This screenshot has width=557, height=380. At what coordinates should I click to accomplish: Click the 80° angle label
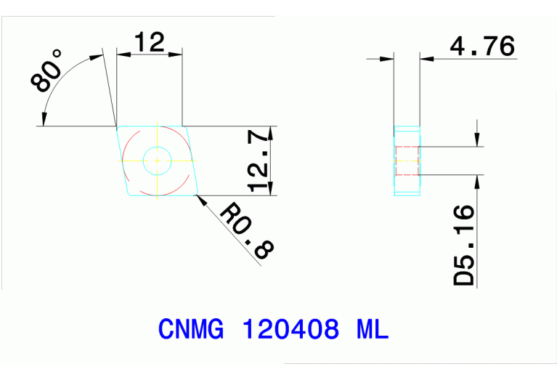tap(47, 72)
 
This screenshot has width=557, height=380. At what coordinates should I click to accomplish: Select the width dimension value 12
tap(149, 43)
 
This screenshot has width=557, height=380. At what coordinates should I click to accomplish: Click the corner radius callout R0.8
tap(246, 231)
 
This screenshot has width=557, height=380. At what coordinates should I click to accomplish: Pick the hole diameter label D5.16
tap(464, 245)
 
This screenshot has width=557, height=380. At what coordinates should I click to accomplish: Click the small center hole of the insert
tap(157, 161)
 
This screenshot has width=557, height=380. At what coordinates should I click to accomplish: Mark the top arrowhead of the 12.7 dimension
tap(271, 132)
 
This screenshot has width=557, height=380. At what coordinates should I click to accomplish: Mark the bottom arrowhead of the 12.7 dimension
tap(271, 190)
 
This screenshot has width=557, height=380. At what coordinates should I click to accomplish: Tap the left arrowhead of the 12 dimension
tap(121, 54)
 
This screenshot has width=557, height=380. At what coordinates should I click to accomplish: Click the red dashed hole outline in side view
tap(407, 161)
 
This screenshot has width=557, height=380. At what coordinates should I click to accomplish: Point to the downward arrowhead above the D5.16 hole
tap(476, 141)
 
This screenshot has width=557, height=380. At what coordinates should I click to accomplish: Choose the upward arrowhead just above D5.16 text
tap(476, 181)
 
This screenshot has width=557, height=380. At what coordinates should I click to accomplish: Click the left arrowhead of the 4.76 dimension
tap(389, 60)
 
